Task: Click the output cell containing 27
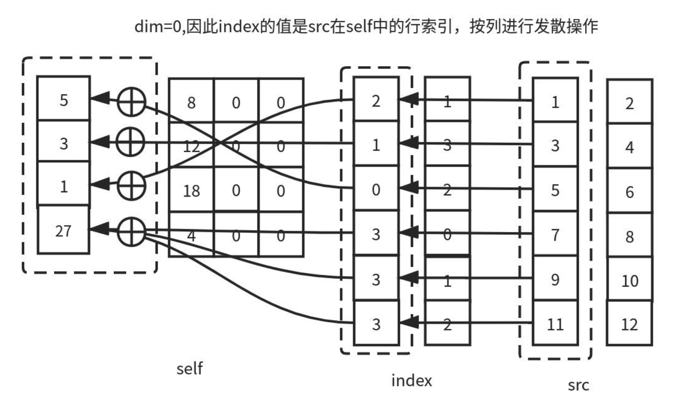tap(63, 231)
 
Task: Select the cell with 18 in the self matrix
tap(191, 191)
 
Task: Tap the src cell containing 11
tap(555, 324)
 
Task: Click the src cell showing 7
tap(555, 234)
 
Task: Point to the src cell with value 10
tap(630, 280)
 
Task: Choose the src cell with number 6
tap(630, 192)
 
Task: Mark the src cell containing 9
tap(555, 279)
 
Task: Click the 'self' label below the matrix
tap(189, 368)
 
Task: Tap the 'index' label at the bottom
tap(411, 380)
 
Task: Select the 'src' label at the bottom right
tap(578, 385)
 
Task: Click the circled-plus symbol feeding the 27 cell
tap(131, 232)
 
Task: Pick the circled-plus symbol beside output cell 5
tap(131, 101)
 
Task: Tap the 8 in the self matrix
tap(191, 103)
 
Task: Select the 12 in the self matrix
tap(191, 147)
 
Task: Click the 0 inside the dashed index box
tap(376, 189)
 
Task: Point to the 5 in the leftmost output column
tap(64, 100)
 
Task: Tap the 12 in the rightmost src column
tap(630, 324)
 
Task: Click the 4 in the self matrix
tap(191, 235)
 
